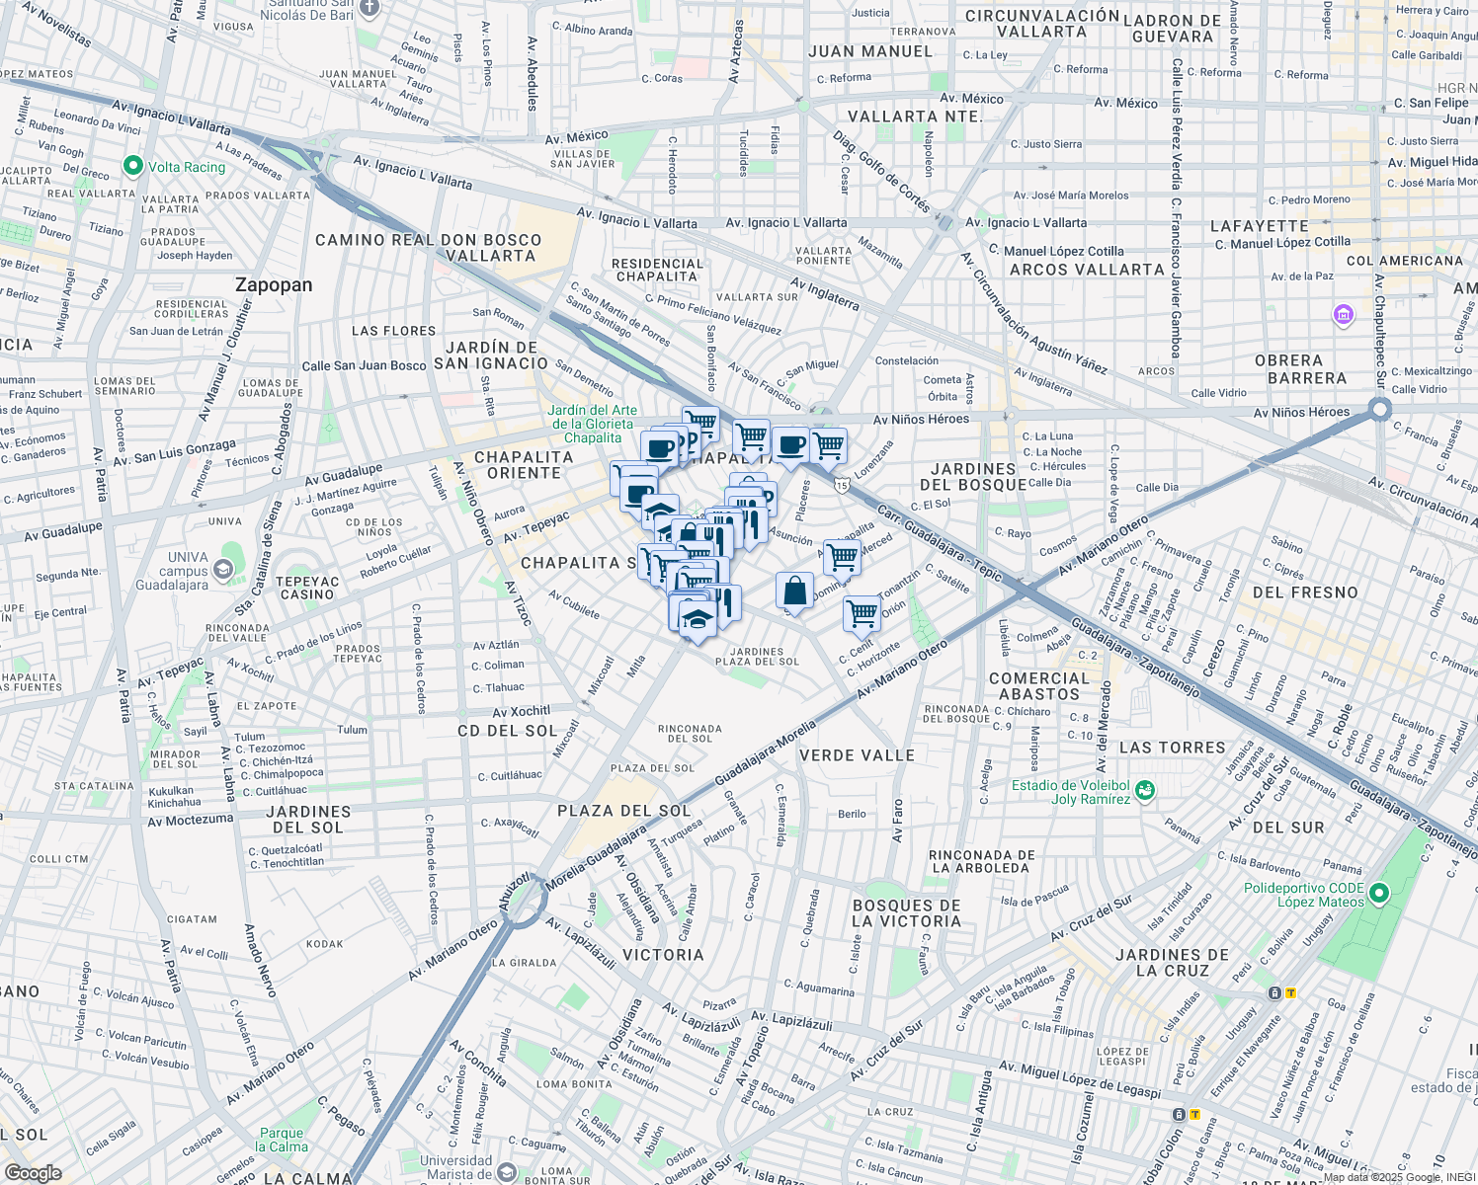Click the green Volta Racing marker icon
click(x=133, y=166)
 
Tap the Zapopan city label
click(x=274, y=285)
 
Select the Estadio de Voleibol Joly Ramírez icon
click(x=1144, y=791)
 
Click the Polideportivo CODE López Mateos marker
click(x=1379, y=895)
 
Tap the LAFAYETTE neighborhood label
click(x=1259, y=226)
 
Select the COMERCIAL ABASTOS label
click(x=1039, y=686)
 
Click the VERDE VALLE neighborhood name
click(x=857, y=755)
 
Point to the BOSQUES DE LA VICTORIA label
click(x=906, y=913)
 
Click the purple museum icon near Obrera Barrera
click(x=1343, y=315)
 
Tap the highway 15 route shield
click(x=841, y=484)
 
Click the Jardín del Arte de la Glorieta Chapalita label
click(x=593, y=424)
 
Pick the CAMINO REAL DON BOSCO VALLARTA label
click(x=428, y=248)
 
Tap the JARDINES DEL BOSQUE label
click(x=973, y=477)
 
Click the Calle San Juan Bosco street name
click(x=364, y=365)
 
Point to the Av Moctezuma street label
click(x=190, y=820)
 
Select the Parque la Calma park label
click(x=282, y=1140)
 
